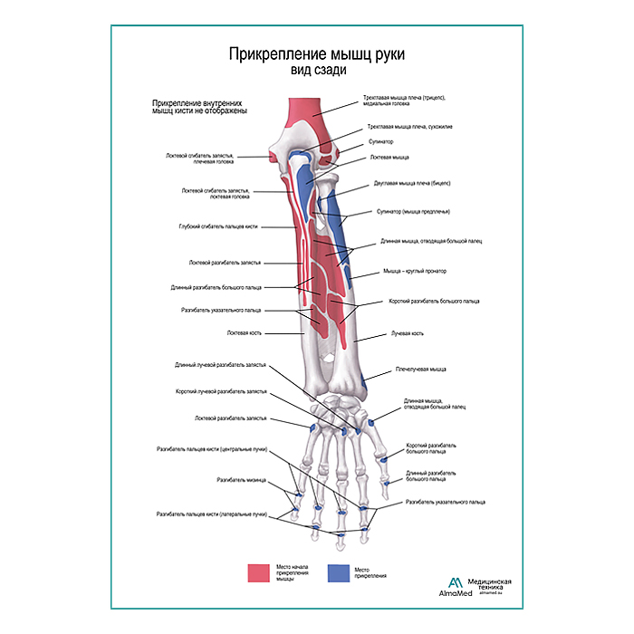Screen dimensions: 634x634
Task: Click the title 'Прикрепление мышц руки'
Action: pos(315,54)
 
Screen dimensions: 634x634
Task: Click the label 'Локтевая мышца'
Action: pos(389,157)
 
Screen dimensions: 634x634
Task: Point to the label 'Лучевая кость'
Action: pos(407,333)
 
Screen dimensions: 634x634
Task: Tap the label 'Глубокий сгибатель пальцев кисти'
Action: pos(219,226)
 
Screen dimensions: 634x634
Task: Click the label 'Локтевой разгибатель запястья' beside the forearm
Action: pos(225,263)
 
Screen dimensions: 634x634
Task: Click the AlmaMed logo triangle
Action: pos(451,582)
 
